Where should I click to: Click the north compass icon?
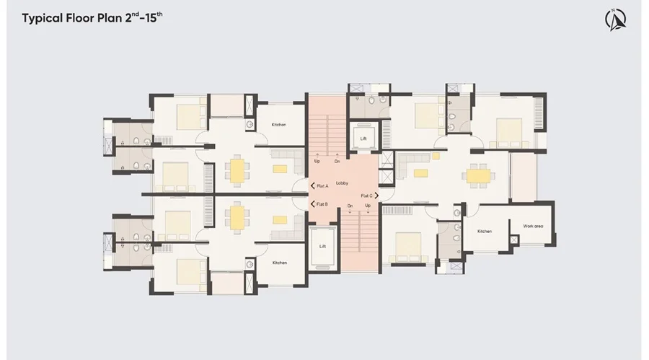pyautogui.click(x=616, y=19)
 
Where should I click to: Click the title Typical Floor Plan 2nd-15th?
pyautogui.click(x=92, y=18)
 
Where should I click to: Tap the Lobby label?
pyautogui.click(x=342, y=183)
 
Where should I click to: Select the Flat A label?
pyautogui.click(x=322, y=186)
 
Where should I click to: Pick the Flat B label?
pyautogui.click(x=322, y=204)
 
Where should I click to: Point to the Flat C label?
pyautogui.click(x=367, y=196)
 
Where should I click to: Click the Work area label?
pyautogui.click(x=533, y=227)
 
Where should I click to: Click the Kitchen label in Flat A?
pyautogui.click(x=279, y=125)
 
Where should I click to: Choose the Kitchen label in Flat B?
pyautogui.click(x=280, y=263)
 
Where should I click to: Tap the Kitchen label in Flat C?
pyautogui.click(x=485, y=231)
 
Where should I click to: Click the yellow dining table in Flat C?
pyautogui.click(x=479, y=175)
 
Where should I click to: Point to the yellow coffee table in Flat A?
pyautogui.click(x=280, y=169)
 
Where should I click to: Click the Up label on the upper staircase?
pyautogui.click(x=317, y=161)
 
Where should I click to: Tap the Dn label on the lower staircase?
pyautogui.click(x=350, y=206)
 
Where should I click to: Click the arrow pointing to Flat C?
pyautogui.click(x=376, y=196)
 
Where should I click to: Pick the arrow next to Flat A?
pyautogui.click(x=312, y=186)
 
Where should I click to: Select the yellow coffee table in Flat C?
pyautogui.click(x=421, y=173)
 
